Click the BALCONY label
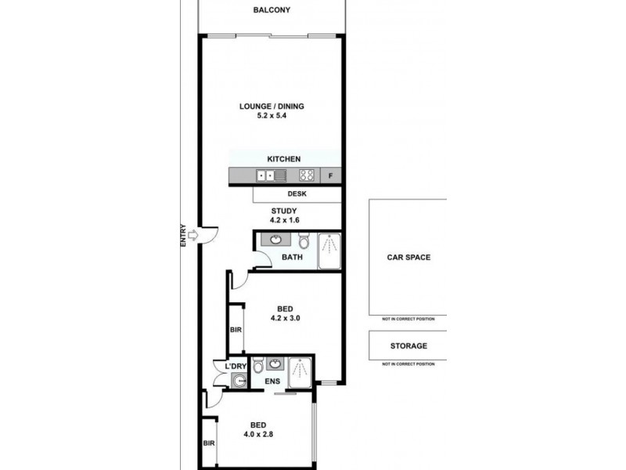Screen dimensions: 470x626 (x=271, y=10)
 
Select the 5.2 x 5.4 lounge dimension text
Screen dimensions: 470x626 (x=271, y=117)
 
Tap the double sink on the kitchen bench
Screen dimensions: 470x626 (x=266, y=176)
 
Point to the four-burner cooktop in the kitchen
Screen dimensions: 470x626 (x=308, y=176)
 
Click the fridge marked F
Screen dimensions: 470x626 (x=330, y=176)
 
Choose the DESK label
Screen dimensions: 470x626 (x=297, y=194)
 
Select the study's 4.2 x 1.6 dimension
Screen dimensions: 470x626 (x=286, y=221)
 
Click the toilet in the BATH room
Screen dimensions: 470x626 (x=304, y=242)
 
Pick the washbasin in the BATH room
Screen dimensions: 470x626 (x=275, y=240)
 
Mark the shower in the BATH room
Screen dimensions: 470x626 (x=329, y=250)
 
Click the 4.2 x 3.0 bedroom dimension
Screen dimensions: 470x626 (x=286, y=318)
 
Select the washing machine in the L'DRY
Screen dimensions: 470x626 (x=239, y=381)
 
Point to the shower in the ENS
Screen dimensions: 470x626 (x=300, y=371)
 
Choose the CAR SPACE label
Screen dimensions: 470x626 (x=408, y=257)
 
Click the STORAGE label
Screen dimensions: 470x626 (x=408, y=345)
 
